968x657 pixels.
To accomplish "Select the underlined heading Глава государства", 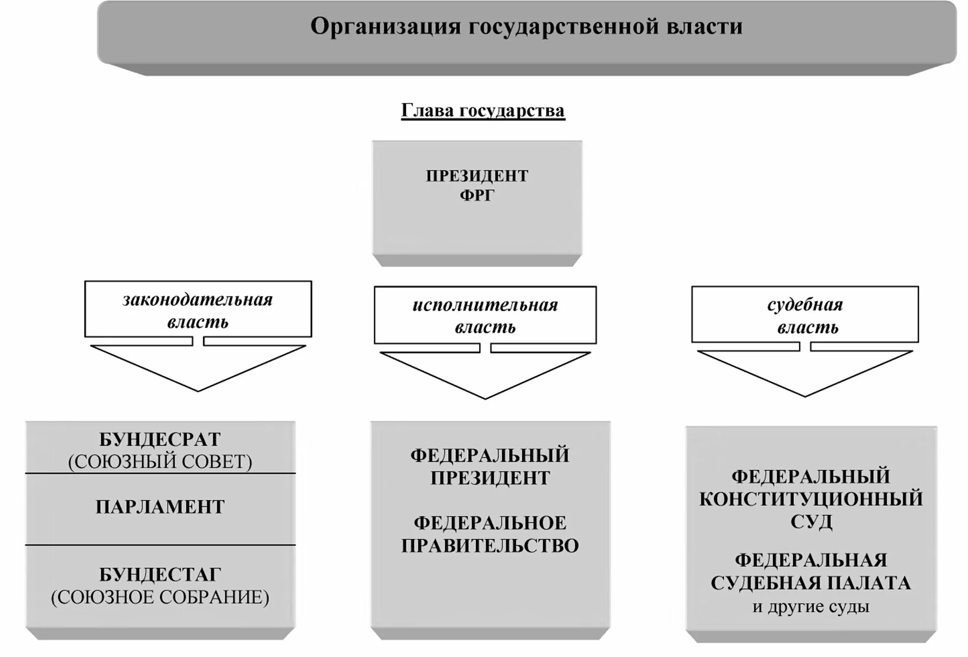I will [483, 111].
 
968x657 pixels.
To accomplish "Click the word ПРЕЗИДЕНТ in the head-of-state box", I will [477, 176].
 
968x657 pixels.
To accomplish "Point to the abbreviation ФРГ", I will [477, 195].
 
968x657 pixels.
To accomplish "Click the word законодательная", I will [197, 300].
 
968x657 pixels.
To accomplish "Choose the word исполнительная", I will [485, 305].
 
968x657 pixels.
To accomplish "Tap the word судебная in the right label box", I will [805, 305].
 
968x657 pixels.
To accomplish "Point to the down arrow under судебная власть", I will [805, 372].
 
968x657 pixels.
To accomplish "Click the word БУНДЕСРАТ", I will [160, 439].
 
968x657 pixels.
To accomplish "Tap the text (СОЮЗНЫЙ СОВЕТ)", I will [160, 462].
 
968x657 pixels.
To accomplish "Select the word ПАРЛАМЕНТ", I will [160, 507].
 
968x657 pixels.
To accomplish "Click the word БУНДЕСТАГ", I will [160, 574].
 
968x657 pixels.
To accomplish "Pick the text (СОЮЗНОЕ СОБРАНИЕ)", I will [160, 597].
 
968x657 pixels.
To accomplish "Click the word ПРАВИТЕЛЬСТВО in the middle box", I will [490, 545].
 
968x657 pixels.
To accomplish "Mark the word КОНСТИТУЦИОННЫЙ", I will [811, 499].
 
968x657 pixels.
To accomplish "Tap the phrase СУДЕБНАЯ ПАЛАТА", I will [811, 583].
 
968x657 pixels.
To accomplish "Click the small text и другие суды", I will [811, 607].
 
